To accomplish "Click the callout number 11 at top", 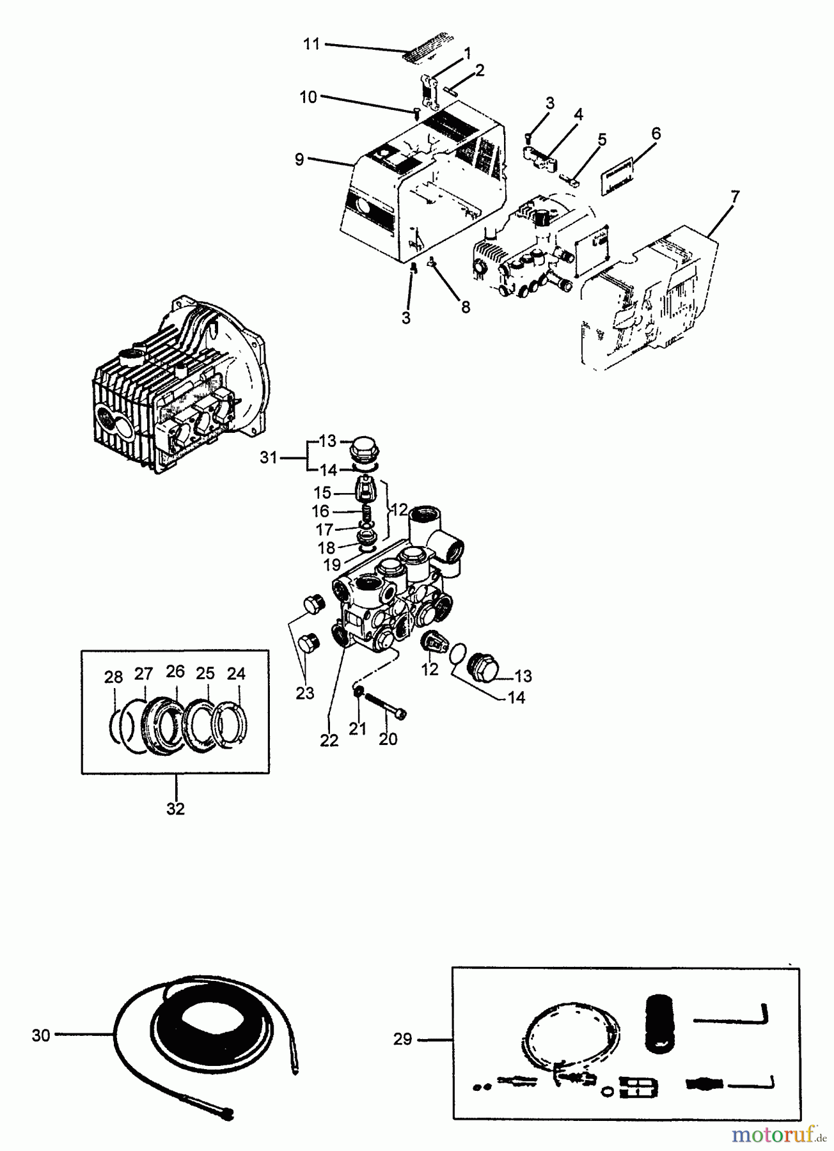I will click(311, 44).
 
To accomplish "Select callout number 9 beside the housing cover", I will click(299, 159).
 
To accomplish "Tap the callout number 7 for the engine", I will click(736, 196).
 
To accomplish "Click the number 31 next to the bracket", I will click(269, 457).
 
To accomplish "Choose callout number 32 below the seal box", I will click(175, 808).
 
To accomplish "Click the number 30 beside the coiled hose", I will click(41, 1035).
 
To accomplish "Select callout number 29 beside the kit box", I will click(402, 1039).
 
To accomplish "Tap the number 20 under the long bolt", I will click(388, 739).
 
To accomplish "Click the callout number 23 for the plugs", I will click(305, 693).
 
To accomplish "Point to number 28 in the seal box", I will click(113, 677).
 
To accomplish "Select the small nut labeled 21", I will click(359, 693).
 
